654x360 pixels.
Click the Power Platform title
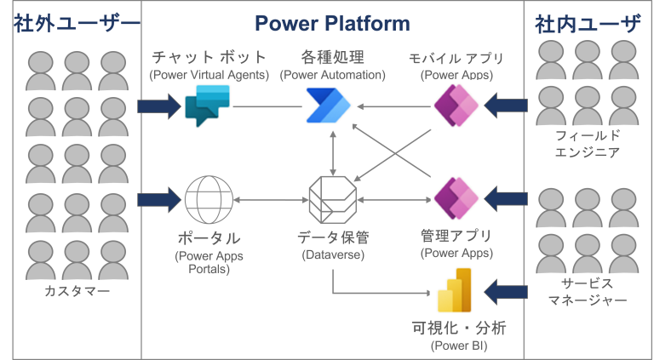(331, 22)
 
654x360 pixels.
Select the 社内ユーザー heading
(587, 24)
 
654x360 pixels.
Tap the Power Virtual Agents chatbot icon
(206, 106)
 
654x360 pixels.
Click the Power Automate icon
(327, 106)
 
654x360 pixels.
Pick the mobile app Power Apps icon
(456, 106)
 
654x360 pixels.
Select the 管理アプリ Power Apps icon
(456, 198)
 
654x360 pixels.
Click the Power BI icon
(456, 292)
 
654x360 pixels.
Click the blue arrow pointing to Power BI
(505, 292)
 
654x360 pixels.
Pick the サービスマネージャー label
(587, 292)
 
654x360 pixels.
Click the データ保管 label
(332, 237)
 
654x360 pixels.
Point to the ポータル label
(208, 238)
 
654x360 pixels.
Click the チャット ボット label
(209, 58)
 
